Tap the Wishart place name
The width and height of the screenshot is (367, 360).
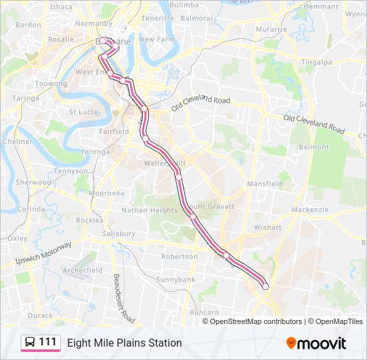coord(268,227)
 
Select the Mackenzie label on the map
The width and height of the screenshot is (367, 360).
coord(310,210)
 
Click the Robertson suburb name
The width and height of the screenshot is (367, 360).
coord(179,256)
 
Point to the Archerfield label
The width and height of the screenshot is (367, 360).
coord(83,271)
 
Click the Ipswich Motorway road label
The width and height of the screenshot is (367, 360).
coord(43,254)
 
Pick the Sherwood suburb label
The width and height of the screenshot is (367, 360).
coord(33,182)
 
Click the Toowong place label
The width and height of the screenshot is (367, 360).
coord(51,85)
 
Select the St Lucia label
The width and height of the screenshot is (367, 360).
coord(84,112)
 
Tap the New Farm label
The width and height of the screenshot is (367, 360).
coord(157,39)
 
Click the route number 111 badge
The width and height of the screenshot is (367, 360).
coord(41,343)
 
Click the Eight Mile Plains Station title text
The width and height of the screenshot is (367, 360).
coord(124,343)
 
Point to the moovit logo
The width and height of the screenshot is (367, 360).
coord(316,343)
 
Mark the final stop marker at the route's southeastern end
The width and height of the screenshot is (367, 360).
coord(265,287)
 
